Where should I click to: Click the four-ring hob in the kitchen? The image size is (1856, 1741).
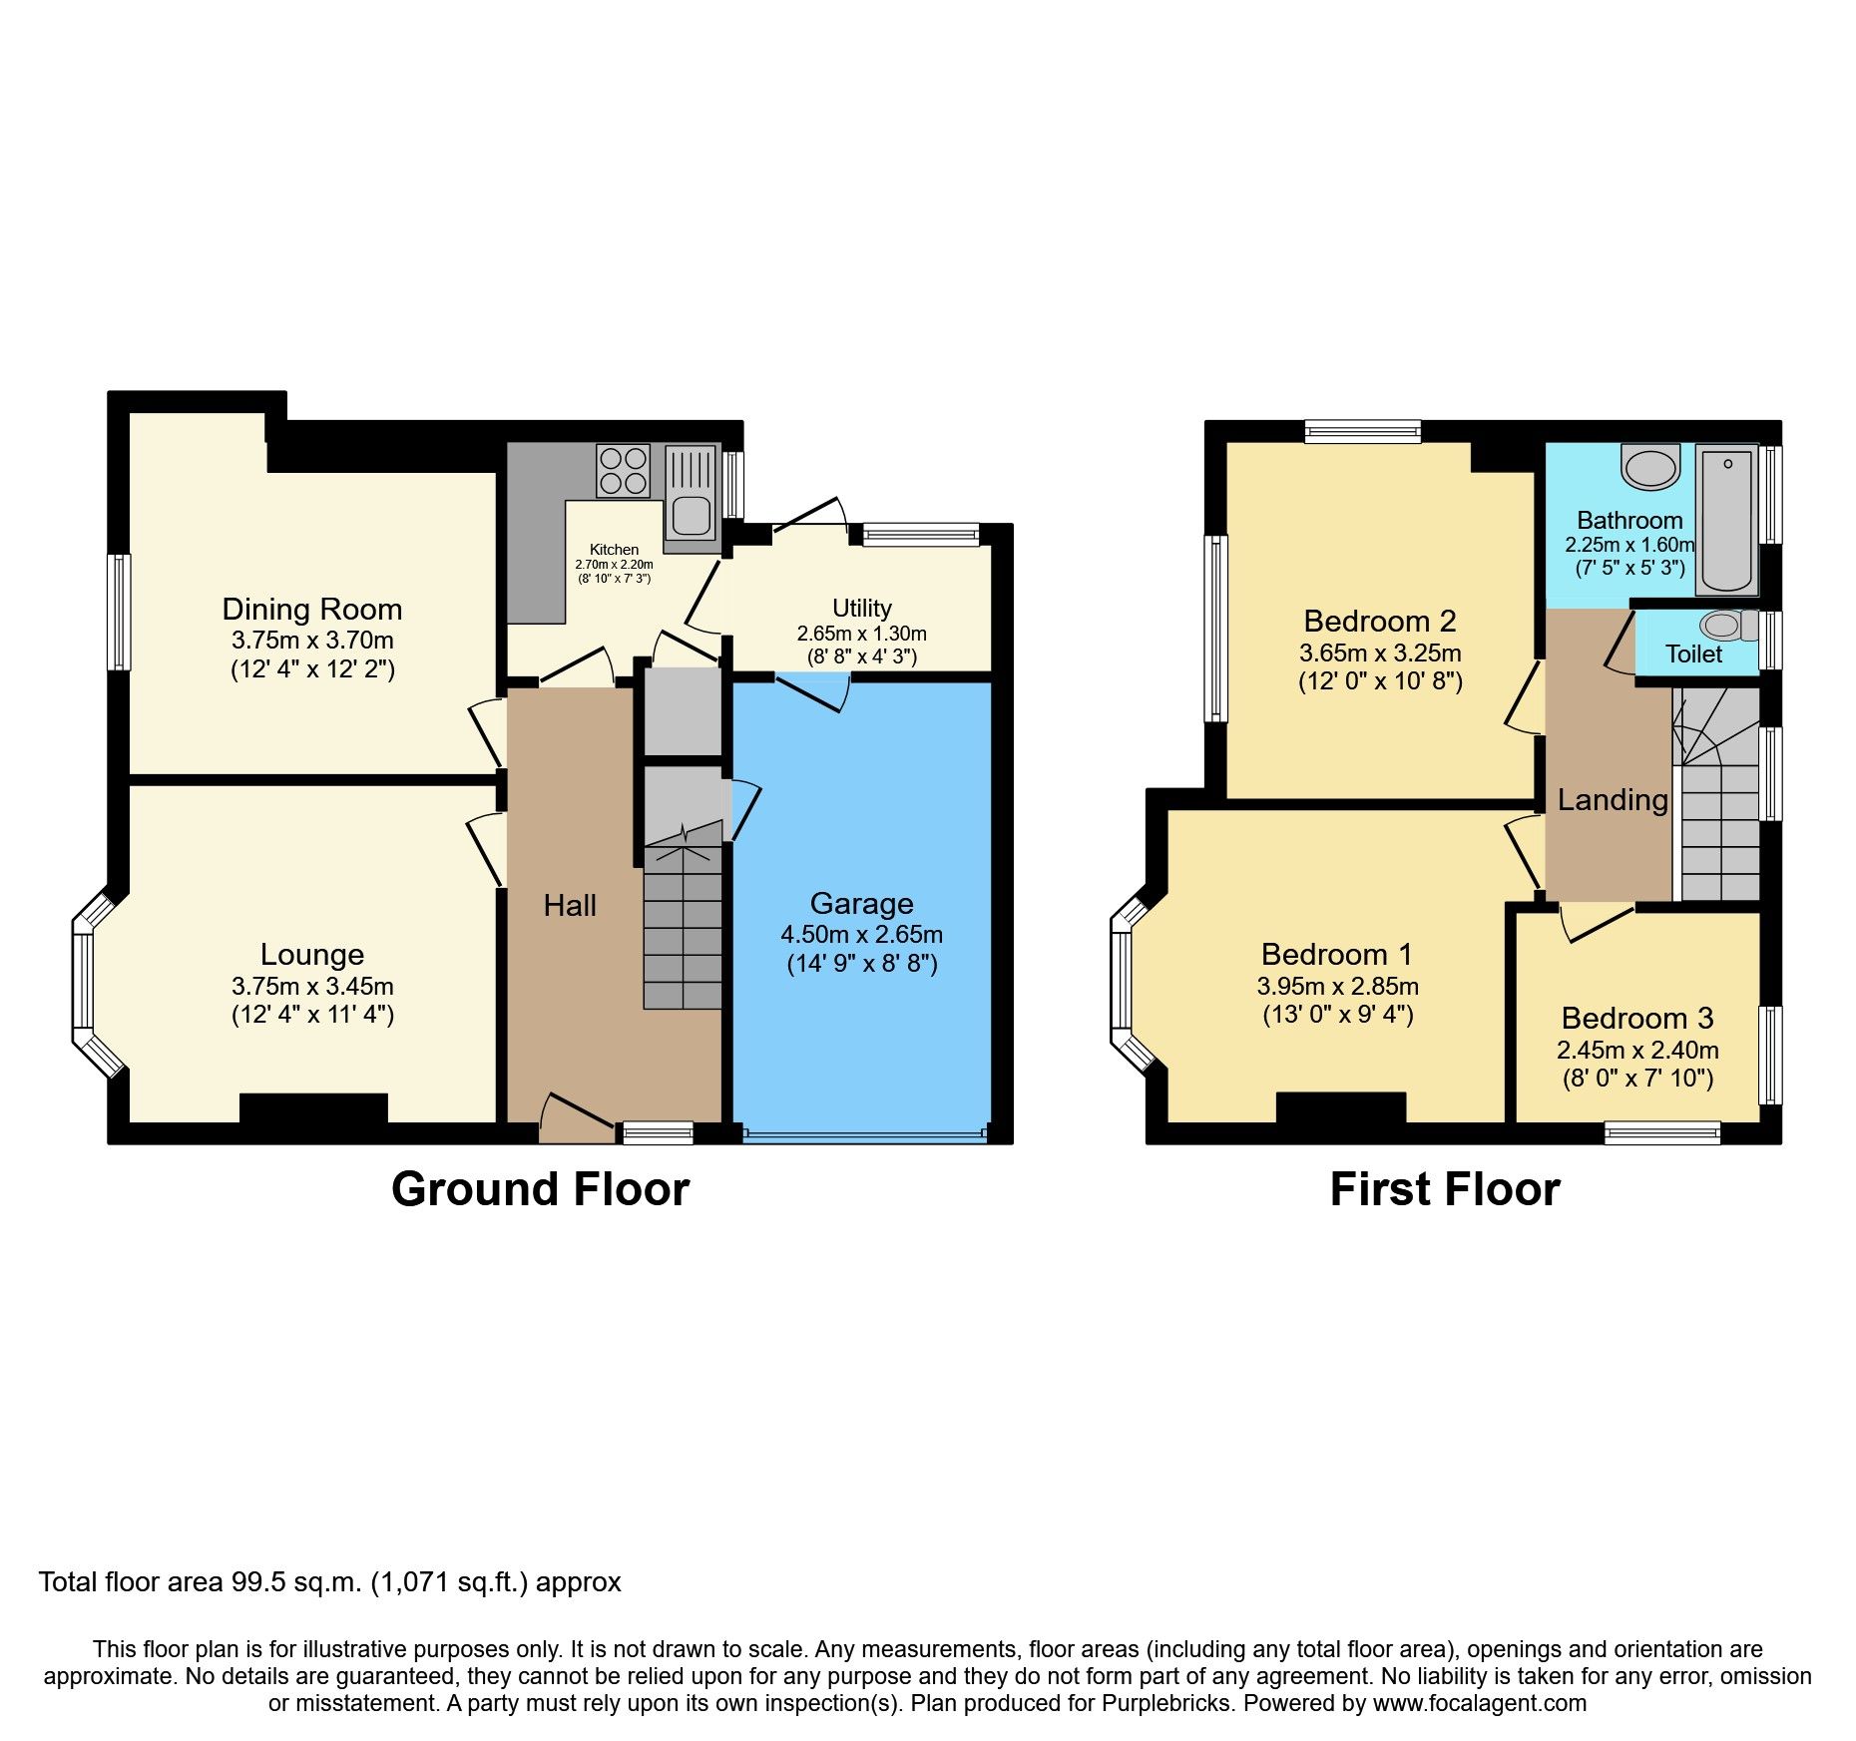click(623, 471)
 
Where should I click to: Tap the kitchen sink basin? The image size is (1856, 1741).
click(691, 516)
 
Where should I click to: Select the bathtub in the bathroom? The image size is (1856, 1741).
click(1727, 519)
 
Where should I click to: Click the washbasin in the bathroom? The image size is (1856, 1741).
click(1650, 467)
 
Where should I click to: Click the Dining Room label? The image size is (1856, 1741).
click(312, 609)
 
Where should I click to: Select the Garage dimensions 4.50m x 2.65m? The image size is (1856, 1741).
click(861, 935)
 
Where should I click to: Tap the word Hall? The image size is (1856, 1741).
click(570, 905)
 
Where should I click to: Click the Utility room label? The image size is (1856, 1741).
click(861, 608)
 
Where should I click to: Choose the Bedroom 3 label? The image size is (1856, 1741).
click(1636, 1018)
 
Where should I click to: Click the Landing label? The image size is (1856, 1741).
click(1613, 799)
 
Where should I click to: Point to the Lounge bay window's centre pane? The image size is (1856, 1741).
click(82, 981)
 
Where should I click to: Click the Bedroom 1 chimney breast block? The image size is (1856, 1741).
click(1340, 1106)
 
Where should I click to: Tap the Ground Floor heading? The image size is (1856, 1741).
click(540, 1189)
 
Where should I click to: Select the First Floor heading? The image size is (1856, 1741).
click(1444, 1189)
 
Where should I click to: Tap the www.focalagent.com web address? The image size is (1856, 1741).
click(1479, 1703)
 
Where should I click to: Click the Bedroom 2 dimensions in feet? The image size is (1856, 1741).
click(1380, 681)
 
